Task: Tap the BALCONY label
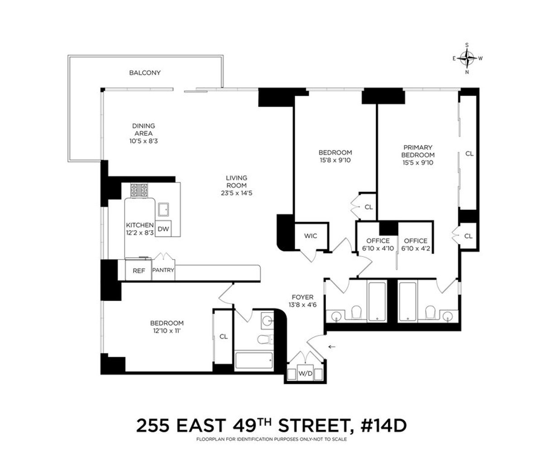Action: [145, 72]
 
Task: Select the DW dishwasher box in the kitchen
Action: [164, 229]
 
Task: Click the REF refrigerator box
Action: [138, 270]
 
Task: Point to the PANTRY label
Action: [163, 270]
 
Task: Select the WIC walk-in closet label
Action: [310, 236]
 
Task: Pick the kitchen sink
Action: [163, 209]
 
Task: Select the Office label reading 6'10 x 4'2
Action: [415, 248]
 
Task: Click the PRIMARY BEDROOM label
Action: [418, 151]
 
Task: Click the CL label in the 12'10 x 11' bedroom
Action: [223, 336]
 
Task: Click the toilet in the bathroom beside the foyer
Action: [263, 340]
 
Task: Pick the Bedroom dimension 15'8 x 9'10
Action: [335, 160]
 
